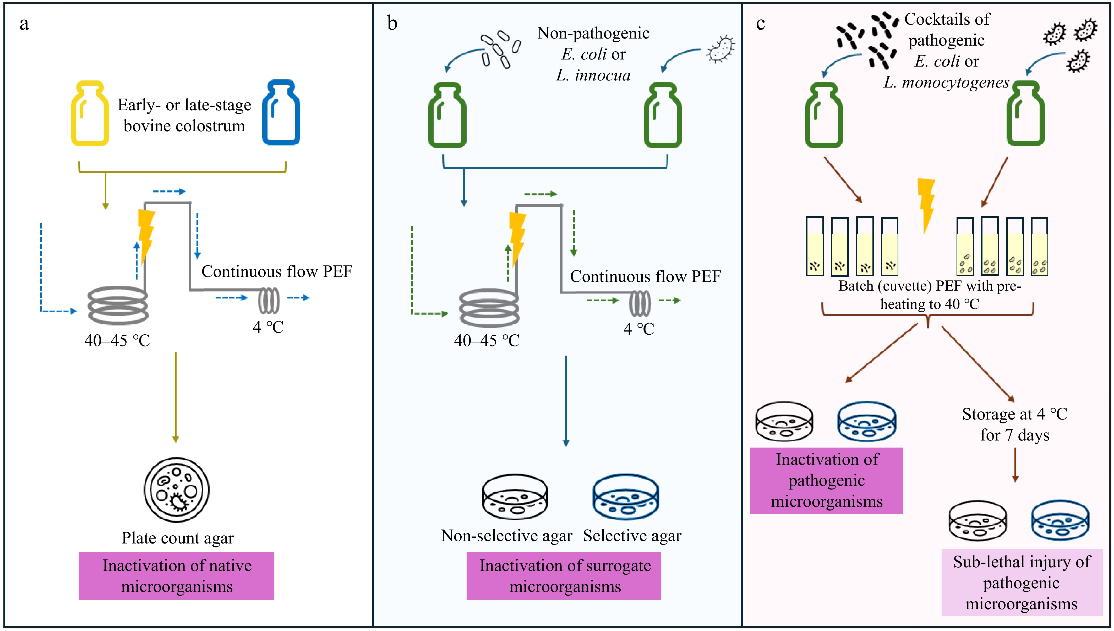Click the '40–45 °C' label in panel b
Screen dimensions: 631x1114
click(486, 341)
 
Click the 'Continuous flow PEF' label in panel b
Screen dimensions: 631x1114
click(645, 276)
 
